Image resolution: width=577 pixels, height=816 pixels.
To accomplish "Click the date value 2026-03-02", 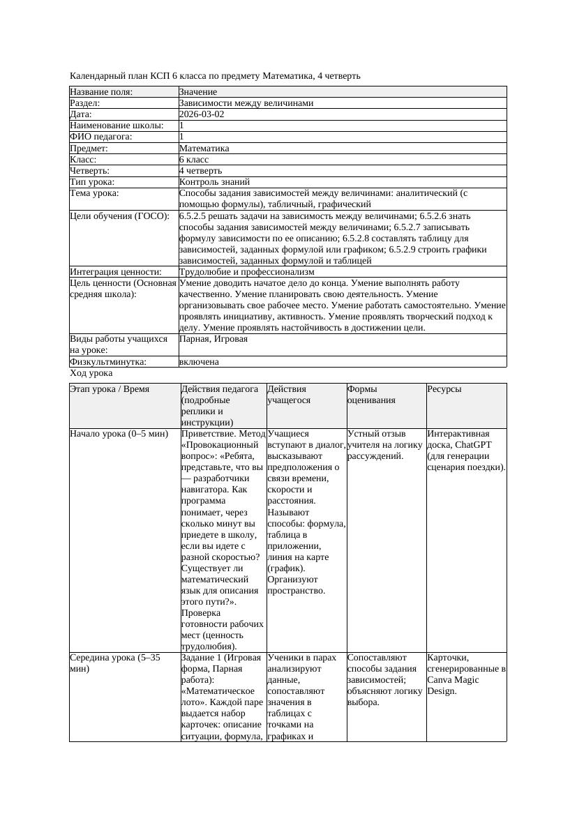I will (x=202, y=114).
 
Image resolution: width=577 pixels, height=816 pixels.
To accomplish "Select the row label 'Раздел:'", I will (x=86, y=103).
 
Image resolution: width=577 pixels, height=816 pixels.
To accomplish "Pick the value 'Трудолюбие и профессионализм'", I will (x=246, y=272).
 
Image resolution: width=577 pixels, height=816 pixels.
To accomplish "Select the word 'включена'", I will (x=199, y=362).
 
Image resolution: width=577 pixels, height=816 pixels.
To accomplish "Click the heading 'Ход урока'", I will (x=91, y=373).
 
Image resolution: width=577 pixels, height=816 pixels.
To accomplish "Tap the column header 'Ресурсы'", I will (x=444, y=389).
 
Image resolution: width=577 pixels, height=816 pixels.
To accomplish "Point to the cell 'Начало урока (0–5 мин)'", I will (x=119, y=434).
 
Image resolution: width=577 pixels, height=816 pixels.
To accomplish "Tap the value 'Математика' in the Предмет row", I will (x=204, y=149).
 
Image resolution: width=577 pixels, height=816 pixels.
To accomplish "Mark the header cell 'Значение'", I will (x=198, y=92).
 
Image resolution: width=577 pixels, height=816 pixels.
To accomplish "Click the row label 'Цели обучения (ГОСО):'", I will (x=120, y=216).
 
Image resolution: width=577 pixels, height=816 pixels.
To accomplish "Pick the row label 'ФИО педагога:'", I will (x=101, y=137).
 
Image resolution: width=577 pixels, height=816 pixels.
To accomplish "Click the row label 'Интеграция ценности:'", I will (x=116, y=272).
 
